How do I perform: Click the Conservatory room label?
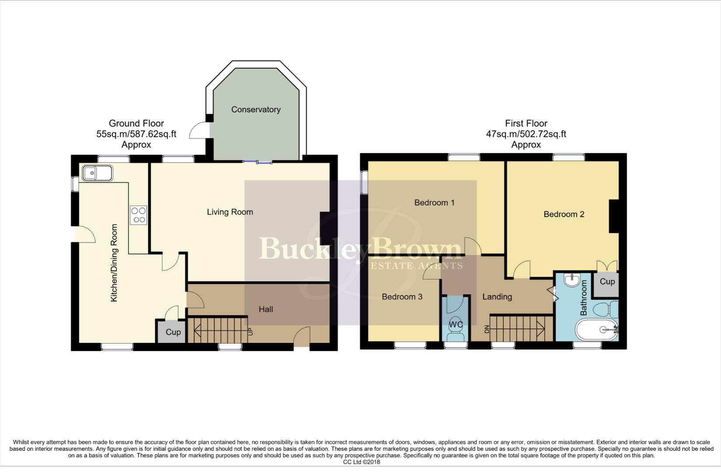256,110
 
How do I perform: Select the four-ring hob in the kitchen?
139,215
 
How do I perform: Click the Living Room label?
230,212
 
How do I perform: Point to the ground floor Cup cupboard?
172,332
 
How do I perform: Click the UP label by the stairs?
251,331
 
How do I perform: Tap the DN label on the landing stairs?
486,329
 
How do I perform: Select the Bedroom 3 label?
402,297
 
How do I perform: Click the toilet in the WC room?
456,334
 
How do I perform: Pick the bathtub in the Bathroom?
597,330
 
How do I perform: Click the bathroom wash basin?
572,280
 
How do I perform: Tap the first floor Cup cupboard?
607,282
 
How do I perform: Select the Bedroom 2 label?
564,214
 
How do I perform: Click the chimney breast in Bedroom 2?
614,216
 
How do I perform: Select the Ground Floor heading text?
136,124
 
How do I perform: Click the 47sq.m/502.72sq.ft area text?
526,134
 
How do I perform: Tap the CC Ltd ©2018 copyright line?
361,462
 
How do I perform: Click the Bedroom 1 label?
434,203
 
